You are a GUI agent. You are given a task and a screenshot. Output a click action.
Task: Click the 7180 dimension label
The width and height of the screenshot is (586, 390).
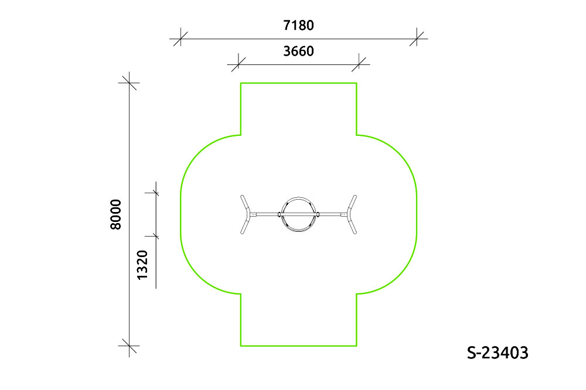[x=298, y=25]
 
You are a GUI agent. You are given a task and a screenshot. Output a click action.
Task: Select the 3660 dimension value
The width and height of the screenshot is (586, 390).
[x=298, y=51]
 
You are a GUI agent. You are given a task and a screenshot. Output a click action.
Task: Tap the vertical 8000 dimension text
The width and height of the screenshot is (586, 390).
[x=116, y=214]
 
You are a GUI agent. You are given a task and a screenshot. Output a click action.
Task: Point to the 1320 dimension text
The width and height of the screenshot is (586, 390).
[x=142, y=265]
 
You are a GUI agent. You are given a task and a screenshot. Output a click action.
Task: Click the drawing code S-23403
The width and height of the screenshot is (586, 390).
[x=498, y=353]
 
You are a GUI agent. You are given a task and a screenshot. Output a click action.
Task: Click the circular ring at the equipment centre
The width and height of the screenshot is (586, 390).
[x=299, y=197]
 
